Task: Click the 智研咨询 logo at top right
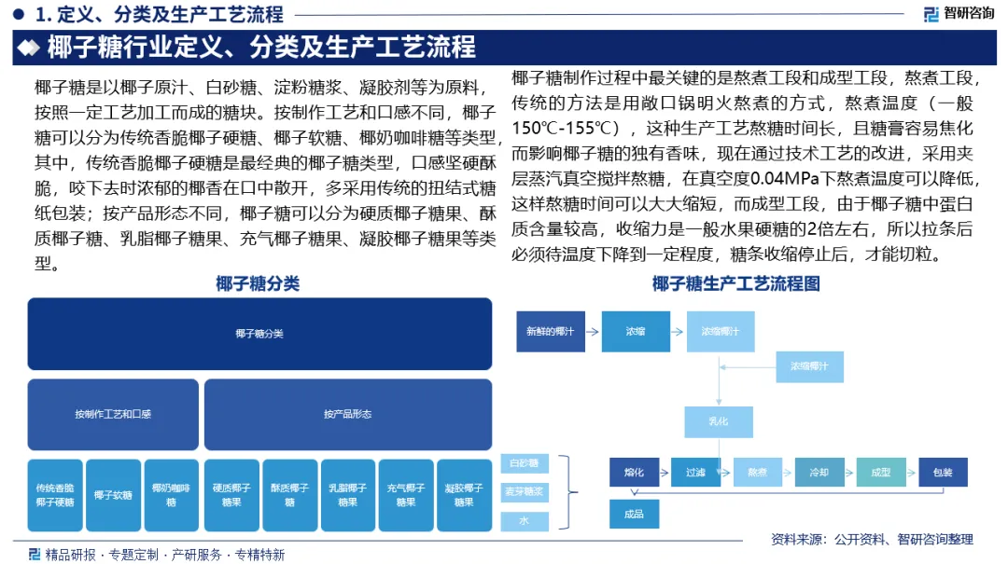click(x=959, y=14)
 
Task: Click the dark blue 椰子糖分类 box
click(x=259, y=334)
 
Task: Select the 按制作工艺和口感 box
click(x=113, y=414)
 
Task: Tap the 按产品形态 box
click(x=347, y=414)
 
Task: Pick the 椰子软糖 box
click(x=113, y=495)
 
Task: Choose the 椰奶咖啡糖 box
click(x=171, y=495)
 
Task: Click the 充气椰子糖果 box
click(x=405, y=495)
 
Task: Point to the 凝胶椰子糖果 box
click(x=463, y=495)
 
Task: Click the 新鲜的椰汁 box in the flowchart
click(x=550, y=332)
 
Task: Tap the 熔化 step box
click(x=634, y=473)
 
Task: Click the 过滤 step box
click(x=695, y=473)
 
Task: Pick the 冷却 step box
click(x=819, y=473)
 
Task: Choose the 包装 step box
click(x=942, y=473)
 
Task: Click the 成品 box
click(x=634, y=514)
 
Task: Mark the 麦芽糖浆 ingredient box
click(x=525, y=491)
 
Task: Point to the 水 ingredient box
click(x=525, y=520)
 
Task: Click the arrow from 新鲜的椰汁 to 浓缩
click(x=592, y=332)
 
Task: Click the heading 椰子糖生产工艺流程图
click(x=736, y=284)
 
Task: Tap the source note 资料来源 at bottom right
click(x=872, y=539)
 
